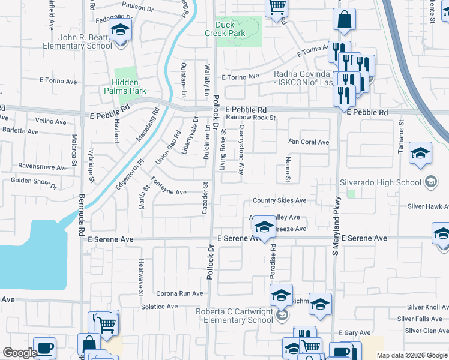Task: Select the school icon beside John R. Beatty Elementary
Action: pos(121,31)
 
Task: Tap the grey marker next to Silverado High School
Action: pos(430,182)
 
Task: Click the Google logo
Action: pos(19,352)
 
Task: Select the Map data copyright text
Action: pos(412,355)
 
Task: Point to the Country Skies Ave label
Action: pos(279,200)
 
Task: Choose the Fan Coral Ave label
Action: pos(309,142)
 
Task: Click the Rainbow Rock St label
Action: pos(250,118)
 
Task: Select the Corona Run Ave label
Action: pos(179,294)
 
